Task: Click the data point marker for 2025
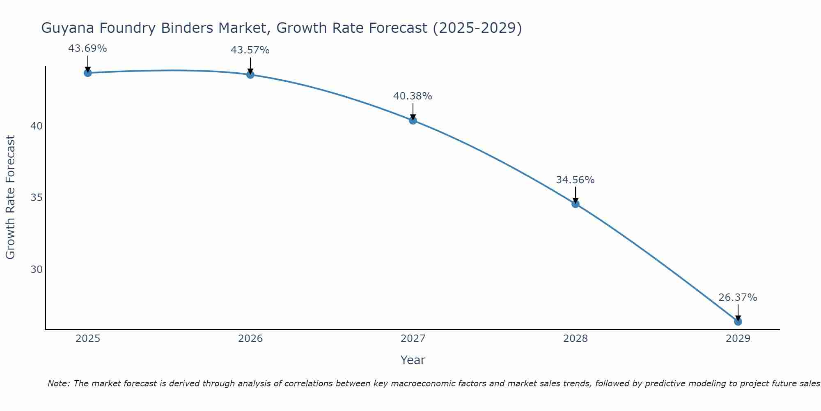click(x=87, y=73)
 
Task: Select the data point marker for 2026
click(x=250, y=74)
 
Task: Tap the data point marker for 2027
click(x=413, y=120)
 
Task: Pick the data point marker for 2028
click(x=575, y=204)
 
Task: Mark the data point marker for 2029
click(x=738, y=321)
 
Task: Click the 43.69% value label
click(x=87, y=48)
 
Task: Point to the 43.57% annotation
click(x=250, y=50)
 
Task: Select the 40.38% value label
click(x=413, y=96)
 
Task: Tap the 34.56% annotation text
click(x=575, y=180)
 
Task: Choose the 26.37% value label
click(x=738, y=298)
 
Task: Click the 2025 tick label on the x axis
click(x=88, y=339)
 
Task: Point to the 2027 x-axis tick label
click(x=413, y=339)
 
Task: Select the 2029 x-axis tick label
click(x=738, y=339)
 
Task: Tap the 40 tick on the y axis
click(x=37, y=126)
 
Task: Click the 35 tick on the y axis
click(x=37, y=198)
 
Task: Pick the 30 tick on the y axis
click(x=37, y=270)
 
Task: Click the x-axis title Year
click(x=413, y=360)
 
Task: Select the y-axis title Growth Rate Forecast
click(x=11, y=197)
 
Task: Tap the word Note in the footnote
click(x=59, y=383)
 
